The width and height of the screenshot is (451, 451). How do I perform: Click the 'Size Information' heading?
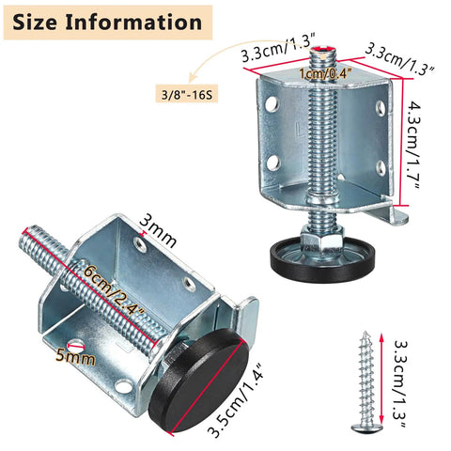[x=107, y=23]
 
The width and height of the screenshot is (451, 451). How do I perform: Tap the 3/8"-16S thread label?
[x=187, y=94]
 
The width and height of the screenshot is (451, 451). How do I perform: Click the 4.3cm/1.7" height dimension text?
[x=414, y=146]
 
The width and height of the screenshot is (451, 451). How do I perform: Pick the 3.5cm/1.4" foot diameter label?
[x=236, y=401]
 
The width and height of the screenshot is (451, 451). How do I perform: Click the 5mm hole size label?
[x=75, y=356]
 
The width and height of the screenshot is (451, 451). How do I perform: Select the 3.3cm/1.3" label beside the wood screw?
[x=399, y=383]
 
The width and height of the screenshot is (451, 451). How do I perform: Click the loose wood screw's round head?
[x=366, y=428]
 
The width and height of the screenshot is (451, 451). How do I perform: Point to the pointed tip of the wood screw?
[x=365, y=333]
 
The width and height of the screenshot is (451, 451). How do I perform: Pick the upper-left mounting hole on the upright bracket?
[x=272, y=104]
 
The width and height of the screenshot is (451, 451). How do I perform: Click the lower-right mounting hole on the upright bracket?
[x=381, y=167]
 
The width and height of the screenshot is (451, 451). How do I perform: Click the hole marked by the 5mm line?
[x=77, y=345]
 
